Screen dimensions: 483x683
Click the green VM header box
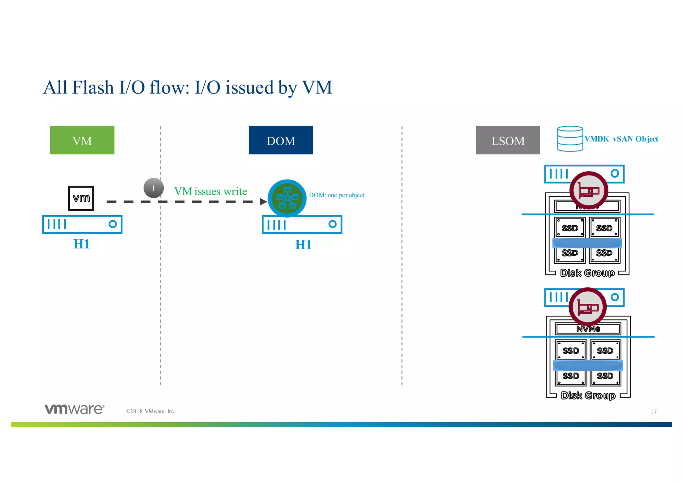click(x=82, y=140)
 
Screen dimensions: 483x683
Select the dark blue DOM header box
click(x=281, y=140)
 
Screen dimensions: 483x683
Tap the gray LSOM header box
click(x=508, y=140)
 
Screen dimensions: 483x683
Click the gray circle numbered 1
click(x=153, y=188)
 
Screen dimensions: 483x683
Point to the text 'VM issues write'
click(x=210, y=191)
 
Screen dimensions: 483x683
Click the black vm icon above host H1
click(x=81, y=198)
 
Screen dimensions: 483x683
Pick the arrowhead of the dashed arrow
click(x=263, y=202)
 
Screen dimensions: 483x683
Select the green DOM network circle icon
click(x=287, y=198)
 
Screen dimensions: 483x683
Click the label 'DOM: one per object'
click(x=336, y=195)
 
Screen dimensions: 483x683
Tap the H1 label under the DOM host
click(x=303, y=245)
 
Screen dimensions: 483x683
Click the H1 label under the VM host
click(x=81, y=244)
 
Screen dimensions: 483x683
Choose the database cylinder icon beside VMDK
click(x=570, y=139)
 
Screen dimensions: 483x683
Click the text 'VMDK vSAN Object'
click(x=621, y=139)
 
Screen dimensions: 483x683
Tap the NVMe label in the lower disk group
click(x=588, y=329)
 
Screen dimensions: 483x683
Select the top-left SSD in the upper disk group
click(x=570, y=228)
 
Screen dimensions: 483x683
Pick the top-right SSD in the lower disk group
click(x=605, y=350)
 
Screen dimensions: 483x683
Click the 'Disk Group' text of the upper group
click(x=587, y=273)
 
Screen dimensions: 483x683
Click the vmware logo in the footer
click(x=75, y=409)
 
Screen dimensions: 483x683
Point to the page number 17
click(x=653, y=412)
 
